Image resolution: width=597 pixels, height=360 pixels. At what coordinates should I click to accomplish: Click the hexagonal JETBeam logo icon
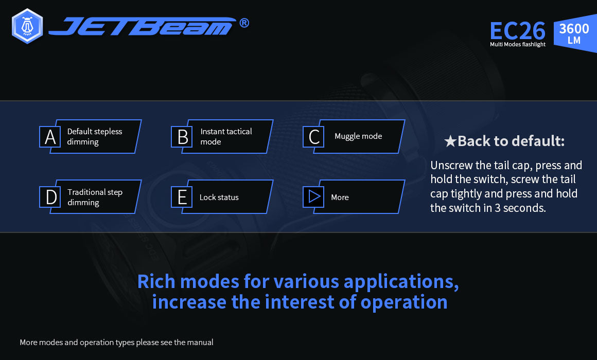point(27,26)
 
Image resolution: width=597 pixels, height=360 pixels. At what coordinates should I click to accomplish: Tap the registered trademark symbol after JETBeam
point(244,23)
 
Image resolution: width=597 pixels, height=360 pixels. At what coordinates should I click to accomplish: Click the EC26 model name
point(517,31)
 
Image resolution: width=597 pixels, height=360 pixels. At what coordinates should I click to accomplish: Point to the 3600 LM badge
point(575,33)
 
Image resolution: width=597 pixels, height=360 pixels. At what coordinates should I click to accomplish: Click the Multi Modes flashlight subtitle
point(518,45)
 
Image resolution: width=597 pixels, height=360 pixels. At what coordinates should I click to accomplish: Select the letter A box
point(50,137)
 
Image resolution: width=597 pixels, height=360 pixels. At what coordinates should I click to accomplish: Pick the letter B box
point(182,137)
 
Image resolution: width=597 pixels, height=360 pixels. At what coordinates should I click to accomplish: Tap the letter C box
point(314,137)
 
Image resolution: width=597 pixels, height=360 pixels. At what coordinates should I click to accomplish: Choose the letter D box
point(50,197)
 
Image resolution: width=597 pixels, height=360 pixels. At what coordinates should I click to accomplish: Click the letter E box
point(182,197)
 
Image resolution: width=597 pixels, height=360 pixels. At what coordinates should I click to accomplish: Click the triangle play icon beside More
point(314,197)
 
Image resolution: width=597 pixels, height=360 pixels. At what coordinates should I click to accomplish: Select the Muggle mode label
point(358,136)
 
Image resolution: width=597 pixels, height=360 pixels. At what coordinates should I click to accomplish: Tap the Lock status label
point(219,197)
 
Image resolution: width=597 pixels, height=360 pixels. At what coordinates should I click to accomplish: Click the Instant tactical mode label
point(226,136)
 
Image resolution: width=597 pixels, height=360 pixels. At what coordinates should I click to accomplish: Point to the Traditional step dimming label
point(95,197)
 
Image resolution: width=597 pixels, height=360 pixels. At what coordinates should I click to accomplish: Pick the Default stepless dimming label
point(94,136)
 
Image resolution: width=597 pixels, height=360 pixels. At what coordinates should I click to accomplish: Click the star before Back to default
point(450,141)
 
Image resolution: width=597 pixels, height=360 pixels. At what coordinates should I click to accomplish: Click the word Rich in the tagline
point(156,282)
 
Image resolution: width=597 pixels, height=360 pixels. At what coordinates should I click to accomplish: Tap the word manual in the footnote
point(200,342)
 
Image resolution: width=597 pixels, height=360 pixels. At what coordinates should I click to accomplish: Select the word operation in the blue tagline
point(404,302)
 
